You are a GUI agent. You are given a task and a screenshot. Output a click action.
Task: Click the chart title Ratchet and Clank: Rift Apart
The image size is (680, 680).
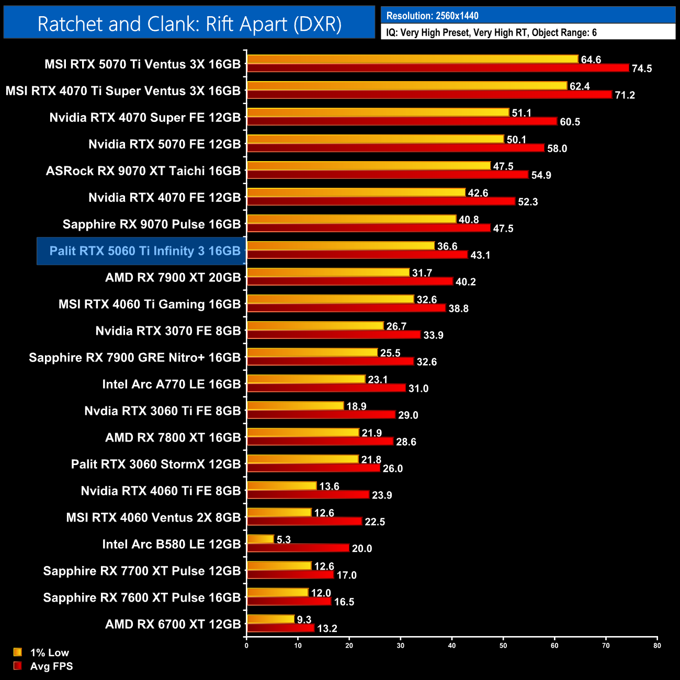pyautogui.click(x=189, y=24)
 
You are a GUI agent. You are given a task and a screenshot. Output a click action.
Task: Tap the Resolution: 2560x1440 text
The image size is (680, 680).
pyautogui.click(x=432, y=16)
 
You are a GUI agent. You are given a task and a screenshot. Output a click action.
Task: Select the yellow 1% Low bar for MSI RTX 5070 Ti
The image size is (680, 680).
pyautogui.click(x=412, y=59)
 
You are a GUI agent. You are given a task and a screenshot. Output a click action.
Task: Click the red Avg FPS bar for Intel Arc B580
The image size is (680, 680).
pyautogui.click(x=298, y=548)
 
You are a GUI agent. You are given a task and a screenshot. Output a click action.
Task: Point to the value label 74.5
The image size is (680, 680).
pyautogui.click(x=642, y=69)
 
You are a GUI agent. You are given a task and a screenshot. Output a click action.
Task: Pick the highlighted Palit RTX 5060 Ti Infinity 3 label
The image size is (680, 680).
pyautogui.click(x=145, y=251)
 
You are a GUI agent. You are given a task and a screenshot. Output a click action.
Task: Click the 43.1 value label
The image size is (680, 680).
pyautogui.click(x=480, y=255)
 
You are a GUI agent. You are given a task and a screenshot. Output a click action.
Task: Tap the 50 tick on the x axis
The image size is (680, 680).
pyautogui.click(x=503, y=645)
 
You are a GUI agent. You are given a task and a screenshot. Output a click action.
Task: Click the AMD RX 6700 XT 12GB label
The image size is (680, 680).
pyautogui.click(x=173, y=624)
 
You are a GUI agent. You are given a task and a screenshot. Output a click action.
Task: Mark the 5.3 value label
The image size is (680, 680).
pyautogui.click(x=284, y=539)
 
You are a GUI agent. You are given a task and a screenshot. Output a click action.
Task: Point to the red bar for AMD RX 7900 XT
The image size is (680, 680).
pyautogui.click(x=350, y=281)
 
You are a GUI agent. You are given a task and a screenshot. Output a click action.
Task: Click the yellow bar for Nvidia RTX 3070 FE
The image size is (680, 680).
pyautogui.click(x=315, y=326)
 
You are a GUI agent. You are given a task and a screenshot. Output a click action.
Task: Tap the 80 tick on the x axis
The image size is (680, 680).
pyautogui.click(x=657, y=645)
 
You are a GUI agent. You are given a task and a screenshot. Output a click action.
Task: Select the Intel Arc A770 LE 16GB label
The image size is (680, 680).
pyautogui.click(x=172, y=384)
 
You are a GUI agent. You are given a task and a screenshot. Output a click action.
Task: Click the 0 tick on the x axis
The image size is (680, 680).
pyautogui.click(x=246, y=645)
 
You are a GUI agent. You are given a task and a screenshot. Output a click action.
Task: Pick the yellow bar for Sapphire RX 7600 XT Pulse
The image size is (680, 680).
pyautogui.click(x=277, y=592)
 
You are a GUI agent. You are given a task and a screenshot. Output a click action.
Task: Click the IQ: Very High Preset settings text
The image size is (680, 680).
pyautogui.click(x=491, y=32)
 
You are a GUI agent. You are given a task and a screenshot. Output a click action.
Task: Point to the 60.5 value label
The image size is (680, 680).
pyautogui.click(x=570, y=122)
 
